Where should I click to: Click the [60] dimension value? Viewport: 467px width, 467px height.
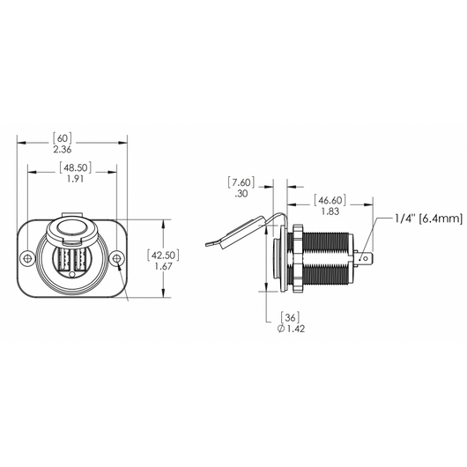click(x=63, y=138)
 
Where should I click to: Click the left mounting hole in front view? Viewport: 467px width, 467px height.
click(x=28, y=259)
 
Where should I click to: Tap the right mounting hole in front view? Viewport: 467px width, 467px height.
click(x=116, y=259)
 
